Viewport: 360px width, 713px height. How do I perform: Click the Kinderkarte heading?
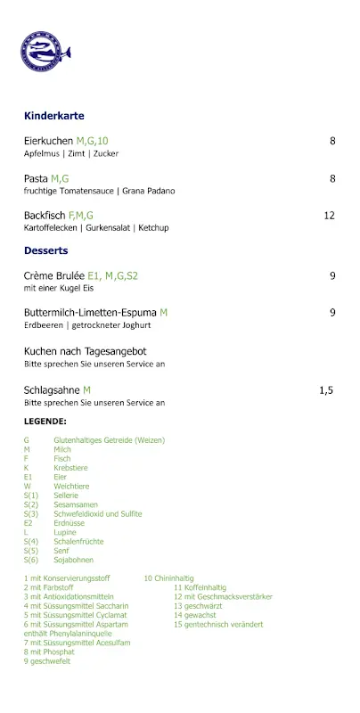[x=53, y=116]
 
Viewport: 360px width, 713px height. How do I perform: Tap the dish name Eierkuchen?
[x=48, y=141]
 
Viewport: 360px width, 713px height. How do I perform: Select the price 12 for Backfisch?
[x=329, y=216]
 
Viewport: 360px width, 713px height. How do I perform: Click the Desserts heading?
[x=46, y=251]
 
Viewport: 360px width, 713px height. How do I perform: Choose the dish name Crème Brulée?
[x=53, y=276]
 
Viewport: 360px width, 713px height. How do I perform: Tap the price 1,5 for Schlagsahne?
[x=326, y=390]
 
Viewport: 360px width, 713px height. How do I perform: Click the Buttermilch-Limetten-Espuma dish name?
[x=90, y=313]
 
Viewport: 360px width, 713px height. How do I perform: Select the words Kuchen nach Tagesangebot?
[x=85, y=351]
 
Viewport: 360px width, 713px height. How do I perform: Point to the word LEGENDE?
[x=45, y=422]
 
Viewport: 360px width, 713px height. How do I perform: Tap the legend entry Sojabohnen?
[x=74, y=560]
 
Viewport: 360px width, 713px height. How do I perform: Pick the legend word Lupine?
[x=66, y=532]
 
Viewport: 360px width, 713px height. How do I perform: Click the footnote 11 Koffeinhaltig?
[x=200, y=587]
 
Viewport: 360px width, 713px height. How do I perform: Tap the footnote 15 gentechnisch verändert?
[x=218, y=624]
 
